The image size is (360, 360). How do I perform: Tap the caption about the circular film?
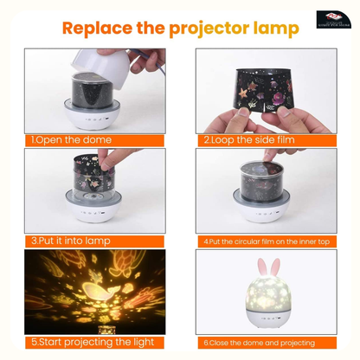tap(265, 241)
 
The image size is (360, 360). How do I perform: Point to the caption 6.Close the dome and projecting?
tap(261, 343)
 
